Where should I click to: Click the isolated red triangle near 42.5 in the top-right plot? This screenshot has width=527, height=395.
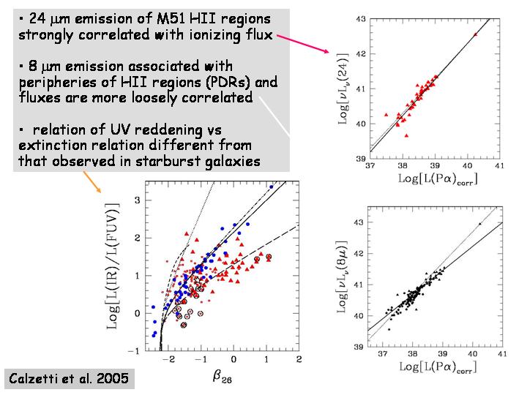[475, 34]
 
